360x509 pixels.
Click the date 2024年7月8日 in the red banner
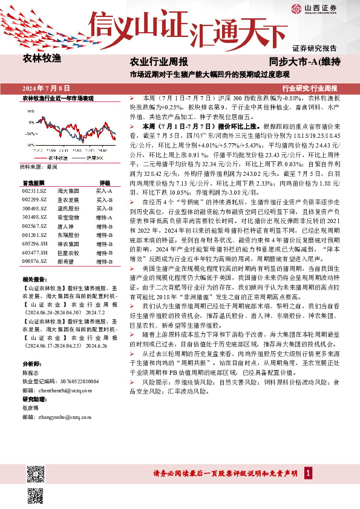(x=46, y=88)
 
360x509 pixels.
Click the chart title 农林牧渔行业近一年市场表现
(x=58, y=98)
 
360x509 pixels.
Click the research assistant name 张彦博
(x=30, y=408)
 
